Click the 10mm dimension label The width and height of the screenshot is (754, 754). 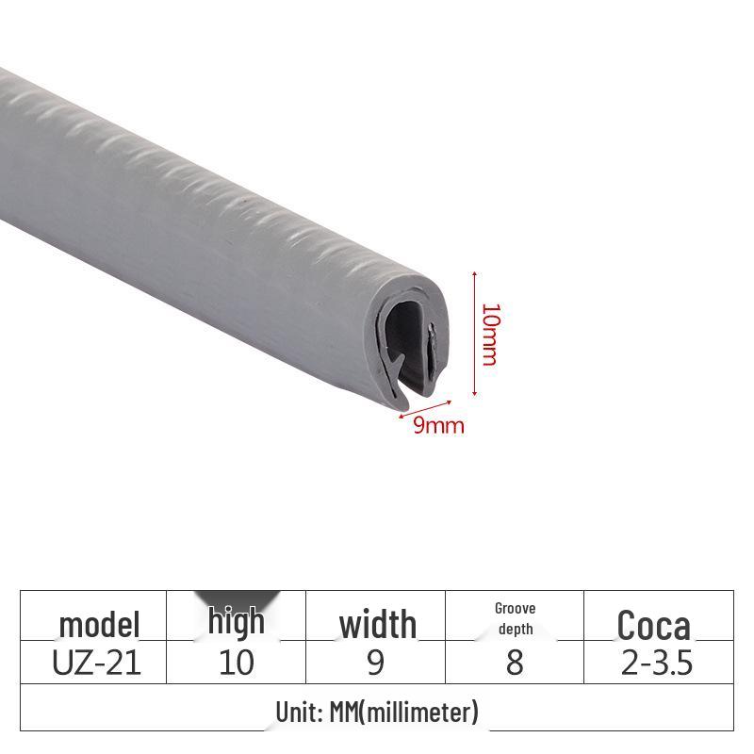[488, 335]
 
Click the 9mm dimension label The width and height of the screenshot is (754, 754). [439, 425]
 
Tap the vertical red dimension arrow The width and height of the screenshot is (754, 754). [474, 335]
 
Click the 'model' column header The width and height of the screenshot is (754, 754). [99, 624]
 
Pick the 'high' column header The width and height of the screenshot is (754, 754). [237, 622]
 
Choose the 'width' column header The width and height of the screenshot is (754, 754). [377, 624]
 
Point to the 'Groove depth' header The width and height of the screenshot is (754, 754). [515, 618]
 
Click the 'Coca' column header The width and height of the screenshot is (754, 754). [654, 626]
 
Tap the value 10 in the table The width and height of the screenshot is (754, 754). [237, 663]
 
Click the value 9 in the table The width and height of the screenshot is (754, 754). [376, 663]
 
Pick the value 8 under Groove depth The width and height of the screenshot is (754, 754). [515, 663]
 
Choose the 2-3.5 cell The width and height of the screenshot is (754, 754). [657, 663]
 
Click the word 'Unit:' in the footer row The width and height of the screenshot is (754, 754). [301, 712]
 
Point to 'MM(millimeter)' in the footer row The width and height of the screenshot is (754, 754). [405, 712]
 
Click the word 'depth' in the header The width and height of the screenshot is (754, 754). [516, 629]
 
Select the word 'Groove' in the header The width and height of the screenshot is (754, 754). [515, 609]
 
